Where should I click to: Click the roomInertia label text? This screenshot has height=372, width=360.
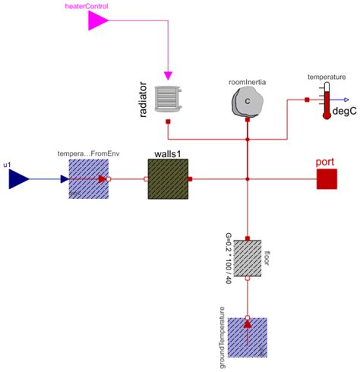(x=248, y=80)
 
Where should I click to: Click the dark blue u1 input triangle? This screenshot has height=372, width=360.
(x=18, y=179)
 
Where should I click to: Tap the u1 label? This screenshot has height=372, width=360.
(x=8, y=163)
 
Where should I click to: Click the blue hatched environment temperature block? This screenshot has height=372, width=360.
(x=88, y=179)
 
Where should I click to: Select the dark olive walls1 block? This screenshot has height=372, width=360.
(x=167, y=179)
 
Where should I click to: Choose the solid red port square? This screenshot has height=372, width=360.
(x=327, y=179)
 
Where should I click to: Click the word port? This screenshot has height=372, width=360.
(x=327, y=162)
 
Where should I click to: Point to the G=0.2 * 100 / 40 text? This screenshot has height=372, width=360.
(x=228, y=260)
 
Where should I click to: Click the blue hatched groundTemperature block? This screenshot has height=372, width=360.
(x=248, y=337)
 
